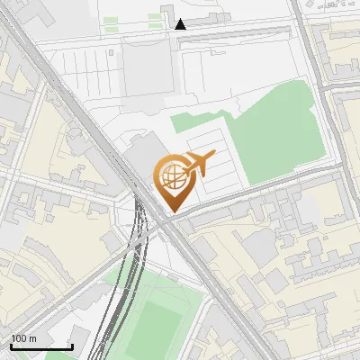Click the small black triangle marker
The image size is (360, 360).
coord(181,24)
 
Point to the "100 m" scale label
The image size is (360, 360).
coord(23,338)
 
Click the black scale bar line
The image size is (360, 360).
coord(41,346)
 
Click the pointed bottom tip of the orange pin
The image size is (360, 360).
coord(170,211)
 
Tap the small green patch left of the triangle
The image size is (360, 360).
coord(112,30)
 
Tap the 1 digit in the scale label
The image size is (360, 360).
coord(13,338)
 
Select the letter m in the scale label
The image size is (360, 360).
coord(33,338)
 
